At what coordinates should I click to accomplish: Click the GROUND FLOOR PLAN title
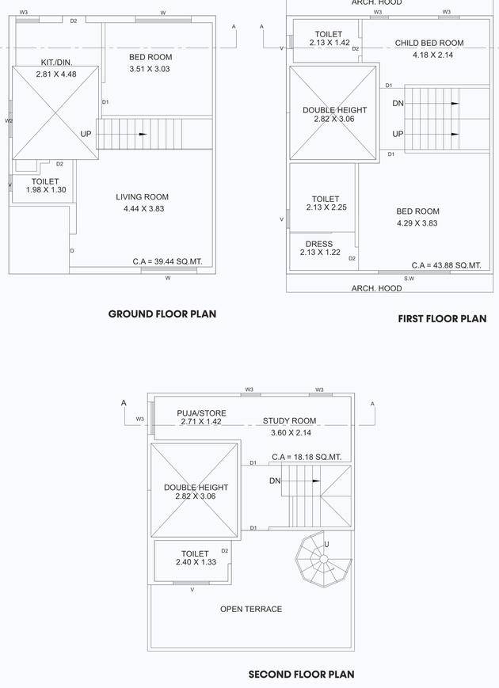pos(162,314)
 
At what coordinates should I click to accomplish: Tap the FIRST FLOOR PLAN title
pos(442,319)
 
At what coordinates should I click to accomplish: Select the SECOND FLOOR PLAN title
pos(301,675)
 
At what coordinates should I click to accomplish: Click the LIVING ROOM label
pos(142,197)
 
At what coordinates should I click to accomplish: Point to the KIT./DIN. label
pos(56,63)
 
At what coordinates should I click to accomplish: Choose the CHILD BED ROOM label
pos(429,44)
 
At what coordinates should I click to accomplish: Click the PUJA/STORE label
pos(201,413)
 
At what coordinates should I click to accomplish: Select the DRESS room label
pos(318,244)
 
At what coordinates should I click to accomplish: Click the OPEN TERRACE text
pos(251,609)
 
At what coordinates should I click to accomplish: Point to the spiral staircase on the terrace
pos(322,560)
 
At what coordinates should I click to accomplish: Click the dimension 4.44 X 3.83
pos(143,209)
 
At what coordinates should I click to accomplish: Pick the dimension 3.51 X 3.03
pos(150,69)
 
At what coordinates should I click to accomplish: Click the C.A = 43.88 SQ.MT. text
pos(446,265)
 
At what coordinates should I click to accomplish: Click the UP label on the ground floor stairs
pos(86,134)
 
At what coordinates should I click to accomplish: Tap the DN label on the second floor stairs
pos(275,481)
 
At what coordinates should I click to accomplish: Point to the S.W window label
pos(409,279)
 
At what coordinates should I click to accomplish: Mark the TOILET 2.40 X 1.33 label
pos(195,558)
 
